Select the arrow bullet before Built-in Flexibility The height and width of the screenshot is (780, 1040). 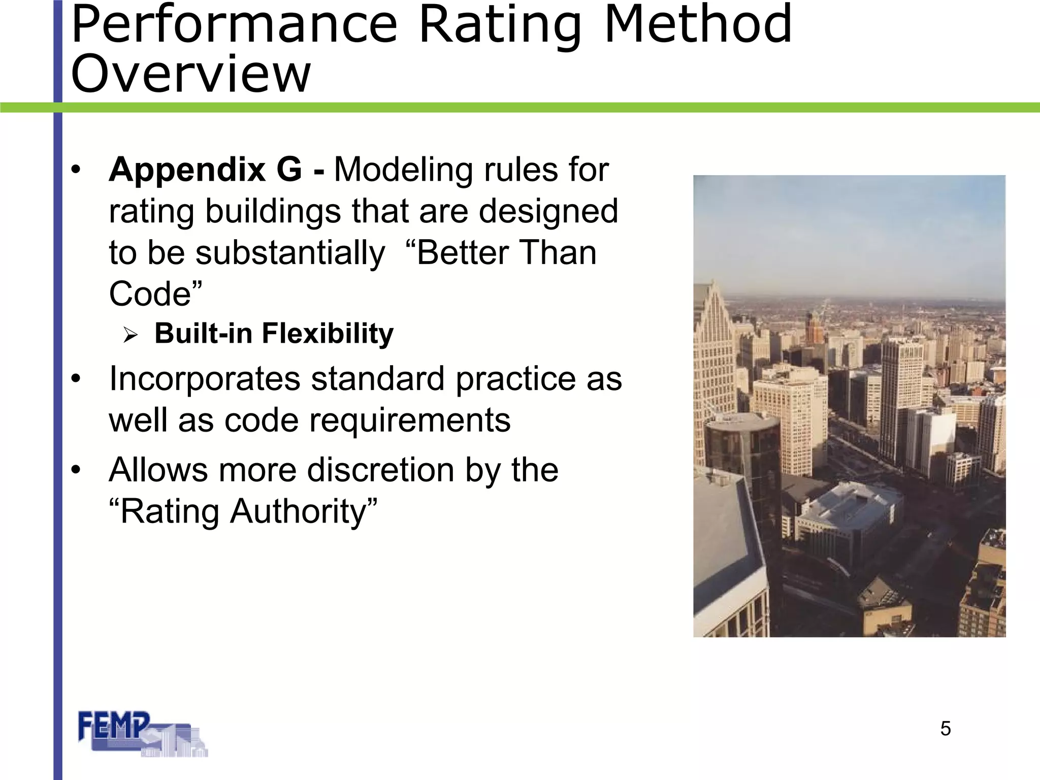tap(131, 335)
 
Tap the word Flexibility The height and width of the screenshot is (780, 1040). tap(328, 334)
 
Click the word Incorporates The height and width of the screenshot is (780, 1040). tap(205, 379)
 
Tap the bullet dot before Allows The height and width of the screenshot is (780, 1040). tap(76, 470)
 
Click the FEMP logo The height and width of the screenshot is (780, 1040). tap(142, 734)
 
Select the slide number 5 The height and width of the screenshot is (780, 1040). tap(945, 729)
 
